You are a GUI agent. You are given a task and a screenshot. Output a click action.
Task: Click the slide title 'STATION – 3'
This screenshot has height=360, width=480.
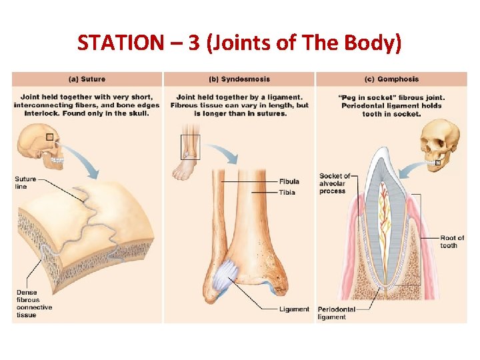tap(239, 43)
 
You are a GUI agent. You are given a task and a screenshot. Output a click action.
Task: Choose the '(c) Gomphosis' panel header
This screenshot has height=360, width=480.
tap(391, 79)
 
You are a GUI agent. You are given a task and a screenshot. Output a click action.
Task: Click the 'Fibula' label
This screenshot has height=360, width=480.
tap(289, 181)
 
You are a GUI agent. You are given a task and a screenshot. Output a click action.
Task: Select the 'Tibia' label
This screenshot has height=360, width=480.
tap(287, 193)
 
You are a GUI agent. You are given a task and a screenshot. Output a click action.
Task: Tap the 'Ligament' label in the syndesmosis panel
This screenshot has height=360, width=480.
tap(294, 309)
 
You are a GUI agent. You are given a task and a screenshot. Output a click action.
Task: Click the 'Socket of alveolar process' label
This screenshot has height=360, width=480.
tap(334, 183)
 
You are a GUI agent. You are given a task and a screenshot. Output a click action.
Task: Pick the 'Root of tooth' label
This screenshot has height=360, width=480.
tap(451, 241)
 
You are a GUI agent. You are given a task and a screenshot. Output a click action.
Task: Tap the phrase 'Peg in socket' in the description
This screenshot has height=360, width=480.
tap(364, 97)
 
